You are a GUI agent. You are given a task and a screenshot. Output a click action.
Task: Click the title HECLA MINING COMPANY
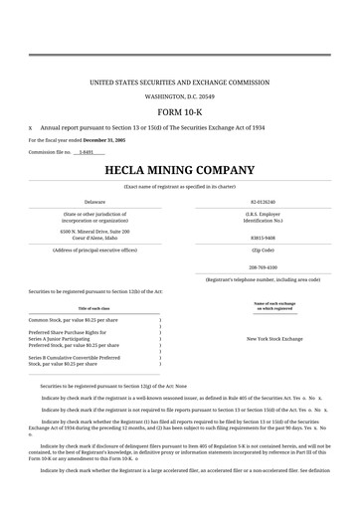point(180,170)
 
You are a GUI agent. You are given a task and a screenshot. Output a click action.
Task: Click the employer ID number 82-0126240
point(263,201)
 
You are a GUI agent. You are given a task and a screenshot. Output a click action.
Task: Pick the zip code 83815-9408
point(263,238)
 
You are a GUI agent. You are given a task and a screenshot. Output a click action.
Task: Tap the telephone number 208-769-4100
point(263,267)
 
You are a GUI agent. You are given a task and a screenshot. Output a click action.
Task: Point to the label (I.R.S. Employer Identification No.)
point(263,216)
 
